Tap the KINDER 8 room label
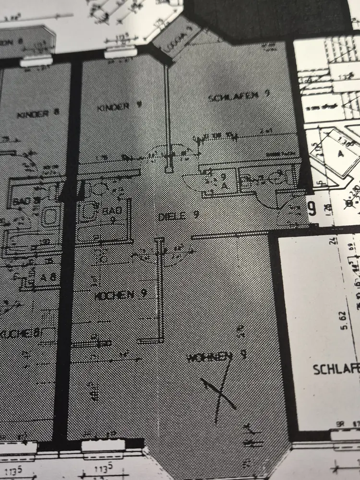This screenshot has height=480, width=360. point(38,114)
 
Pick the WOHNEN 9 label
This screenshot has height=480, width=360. point(216,357)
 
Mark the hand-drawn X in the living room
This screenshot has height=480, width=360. point(218,391)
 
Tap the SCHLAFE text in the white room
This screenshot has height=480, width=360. point(336,370)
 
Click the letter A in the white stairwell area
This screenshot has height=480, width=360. point(340,154)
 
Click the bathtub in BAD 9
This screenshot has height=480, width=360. point(88,211)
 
